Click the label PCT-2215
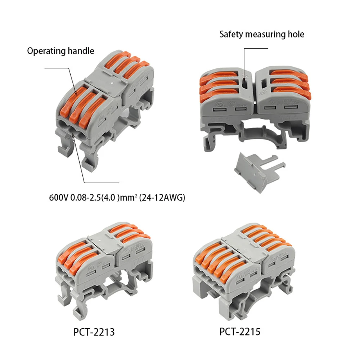240,331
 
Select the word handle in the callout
81,51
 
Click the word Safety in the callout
231,35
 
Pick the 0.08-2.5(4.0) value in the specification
95,198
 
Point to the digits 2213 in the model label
103,331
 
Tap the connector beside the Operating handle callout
104,108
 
